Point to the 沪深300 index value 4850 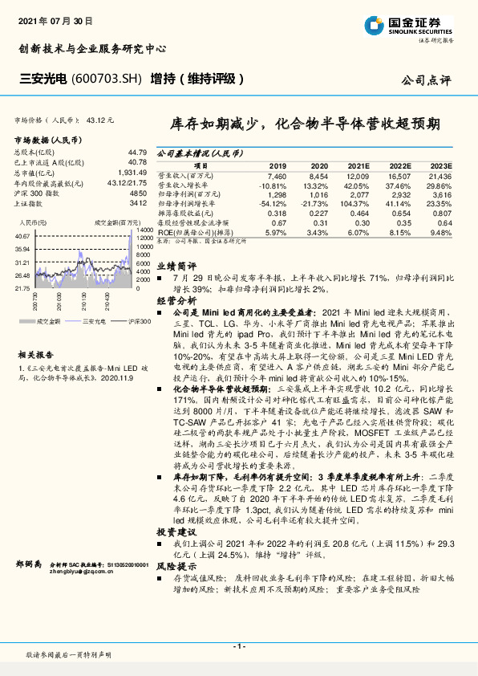(139, 193)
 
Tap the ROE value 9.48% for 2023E (441, 233)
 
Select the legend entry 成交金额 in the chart (49, 320)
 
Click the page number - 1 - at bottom (238, 646)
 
